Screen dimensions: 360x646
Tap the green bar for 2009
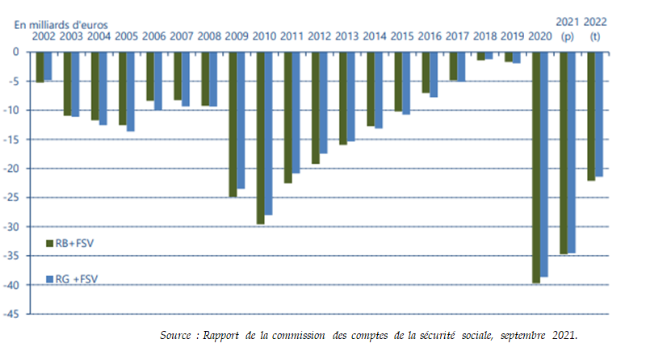coord(233,124)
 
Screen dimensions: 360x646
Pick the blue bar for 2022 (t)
coord(598,114)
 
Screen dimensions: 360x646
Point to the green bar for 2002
coord(40,67)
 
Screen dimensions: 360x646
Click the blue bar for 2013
coord(350,96)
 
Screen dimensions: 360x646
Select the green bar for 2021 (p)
coord(564,153)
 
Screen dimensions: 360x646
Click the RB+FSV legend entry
coord(68,242)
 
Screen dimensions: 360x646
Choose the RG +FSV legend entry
coord(69,278)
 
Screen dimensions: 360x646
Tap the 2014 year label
coord(375,36)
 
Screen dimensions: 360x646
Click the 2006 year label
coord(154,36)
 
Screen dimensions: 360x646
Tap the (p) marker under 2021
coord(567,36)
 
